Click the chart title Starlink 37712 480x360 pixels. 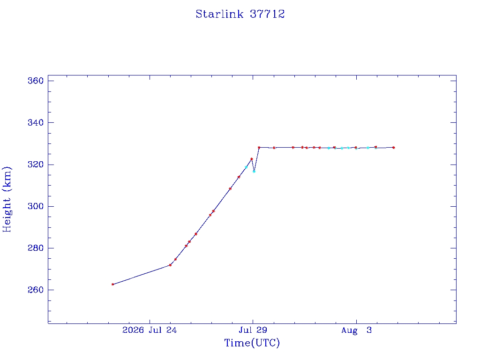tap(240, 14)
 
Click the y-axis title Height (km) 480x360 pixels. tap(7, 199)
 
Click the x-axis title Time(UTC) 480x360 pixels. tap(252, 343)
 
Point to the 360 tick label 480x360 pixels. tap(36, 81)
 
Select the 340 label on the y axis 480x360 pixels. tap(36, 122)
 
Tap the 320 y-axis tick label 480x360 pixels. tap(36, 165)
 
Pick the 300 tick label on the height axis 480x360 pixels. tap(36, 206)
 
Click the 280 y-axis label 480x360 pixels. tap(36, 248)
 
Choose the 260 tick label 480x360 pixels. tap(36, 290)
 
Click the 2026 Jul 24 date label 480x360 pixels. tap(150, 330)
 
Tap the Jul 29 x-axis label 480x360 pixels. tap(253, 330)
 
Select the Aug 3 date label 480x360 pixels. tap(356, 330)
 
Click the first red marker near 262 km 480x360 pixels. tap(112, 285)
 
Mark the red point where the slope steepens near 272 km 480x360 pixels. tap(170, 265)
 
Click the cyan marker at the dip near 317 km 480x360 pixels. tap(254, 172)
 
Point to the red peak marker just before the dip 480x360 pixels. tap(252, 159)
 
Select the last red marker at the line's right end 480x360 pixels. tap(394, 148)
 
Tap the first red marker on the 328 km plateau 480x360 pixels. tap(259, 148)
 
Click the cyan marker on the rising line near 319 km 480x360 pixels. tap(246, 167)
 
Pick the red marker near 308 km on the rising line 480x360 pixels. tap(230, 189)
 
